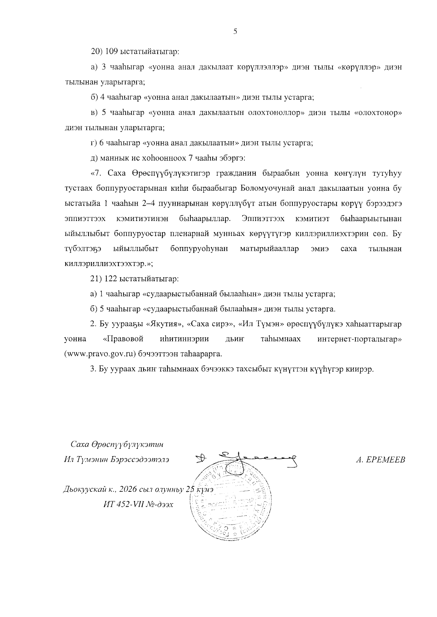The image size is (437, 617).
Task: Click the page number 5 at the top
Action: point(235,32)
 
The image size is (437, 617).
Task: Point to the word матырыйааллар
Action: point(269,249)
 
